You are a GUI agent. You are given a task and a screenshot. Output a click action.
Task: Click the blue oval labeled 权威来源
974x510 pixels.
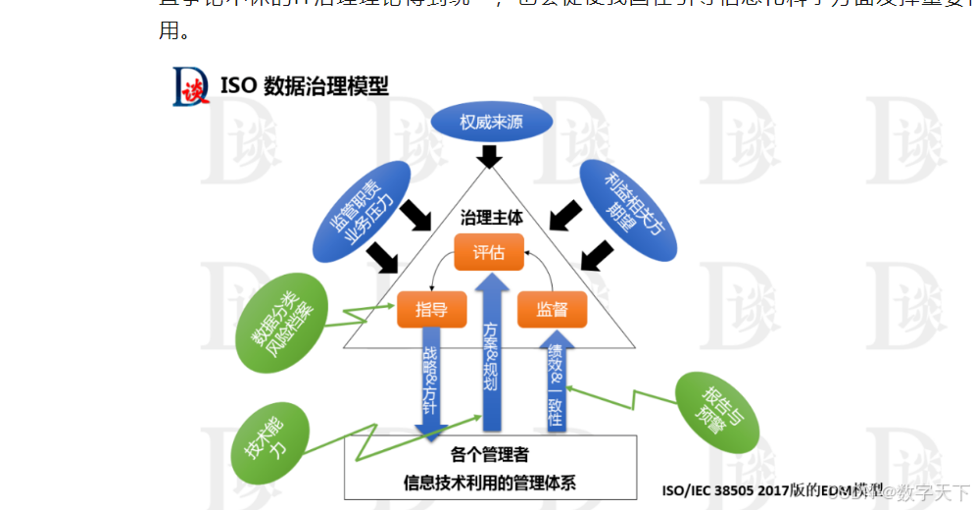[x=492, y=123]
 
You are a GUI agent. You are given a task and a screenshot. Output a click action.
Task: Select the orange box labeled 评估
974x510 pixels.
[x=488, y=253]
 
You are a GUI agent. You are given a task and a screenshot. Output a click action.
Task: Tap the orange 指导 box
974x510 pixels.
[x=431, y=310]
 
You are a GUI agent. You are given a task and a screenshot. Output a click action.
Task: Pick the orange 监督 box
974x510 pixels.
[x=552, y=310]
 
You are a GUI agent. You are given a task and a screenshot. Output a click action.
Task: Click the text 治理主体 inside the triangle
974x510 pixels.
[x=491, y=218]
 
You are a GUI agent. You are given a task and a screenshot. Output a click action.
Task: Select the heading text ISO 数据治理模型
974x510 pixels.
[x=305, y=85]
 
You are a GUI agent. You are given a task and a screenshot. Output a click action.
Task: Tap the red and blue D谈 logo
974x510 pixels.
[x=191, y=85]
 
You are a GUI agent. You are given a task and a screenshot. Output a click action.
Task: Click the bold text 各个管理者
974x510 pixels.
[x=490, y=454]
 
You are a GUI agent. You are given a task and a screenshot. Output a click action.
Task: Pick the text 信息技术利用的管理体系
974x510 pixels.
[x=490, y=482]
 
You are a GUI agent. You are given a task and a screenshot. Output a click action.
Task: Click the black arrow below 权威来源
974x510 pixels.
[x=490, y=155]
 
